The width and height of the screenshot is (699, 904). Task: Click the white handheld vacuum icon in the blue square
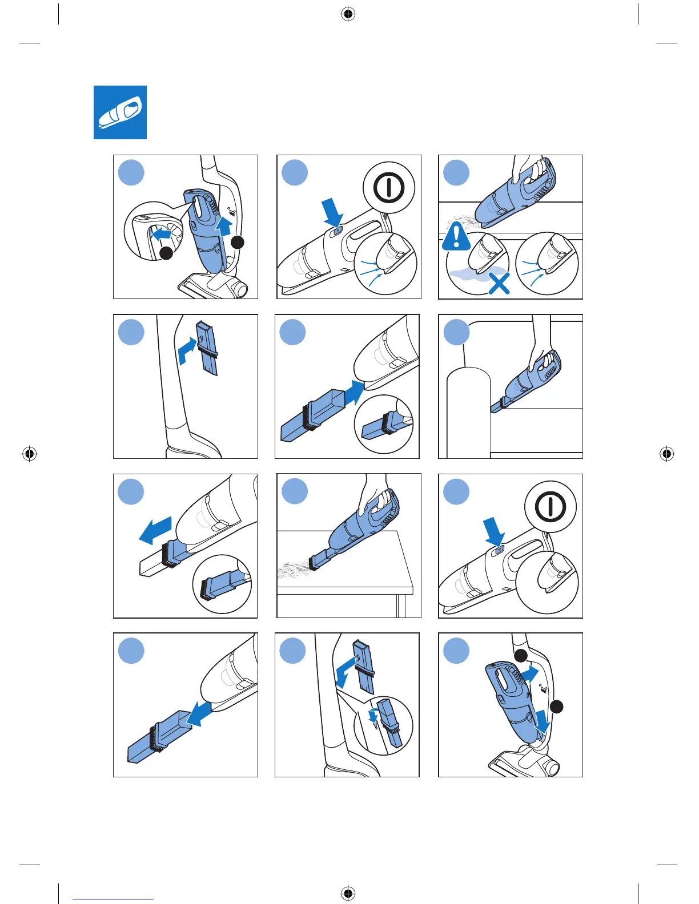120,112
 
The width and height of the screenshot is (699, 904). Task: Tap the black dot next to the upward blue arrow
237,242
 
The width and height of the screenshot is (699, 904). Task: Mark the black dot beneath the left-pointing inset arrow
166,253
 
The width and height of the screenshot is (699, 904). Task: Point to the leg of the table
401,605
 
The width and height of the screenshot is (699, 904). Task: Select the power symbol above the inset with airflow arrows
389,187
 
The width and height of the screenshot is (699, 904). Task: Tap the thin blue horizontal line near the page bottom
113,899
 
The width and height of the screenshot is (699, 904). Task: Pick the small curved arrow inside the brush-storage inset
373,716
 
